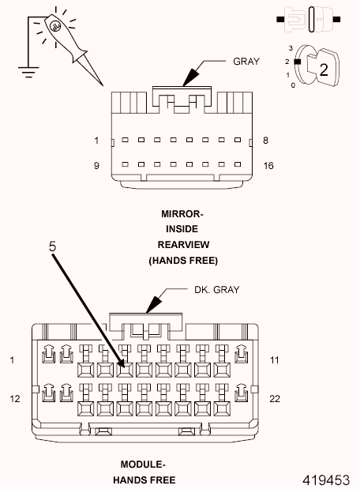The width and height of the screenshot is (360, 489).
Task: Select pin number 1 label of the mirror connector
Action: (x=96, y=141)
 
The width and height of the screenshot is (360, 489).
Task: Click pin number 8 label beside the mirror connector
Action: (x=265, y=141)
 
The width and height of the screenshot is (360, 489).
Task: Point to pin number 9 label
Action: (x=96, y=167)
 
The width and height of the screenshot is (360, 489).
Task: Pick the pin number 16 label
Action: (x=268, y=167)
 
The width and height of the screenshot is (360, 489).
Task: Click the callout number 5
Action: (x=52, y=246)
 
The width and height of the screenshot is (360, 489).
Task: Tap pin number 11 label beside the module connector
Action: (x=275, y=360)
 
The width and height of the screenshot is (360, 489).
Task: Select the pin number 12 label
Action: (x=14, y=400)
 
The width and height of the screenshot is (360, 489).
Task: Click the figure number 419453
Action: (x=326, y=479)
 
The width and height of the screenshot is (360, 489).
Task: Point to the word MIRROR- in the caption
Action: (x=182, y=214)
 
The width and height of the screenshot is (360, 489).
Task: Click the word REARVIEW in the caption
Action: (x=182, y=244)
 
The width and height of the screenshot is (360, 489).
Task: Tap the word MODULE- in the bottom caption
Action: (x=142, y=465)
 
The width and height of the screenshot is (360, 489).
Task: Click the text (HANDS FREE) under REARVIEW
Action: (x=182, y=260)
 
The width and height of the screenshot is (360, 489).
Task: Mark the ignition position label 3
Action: (x=292, y=48)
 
